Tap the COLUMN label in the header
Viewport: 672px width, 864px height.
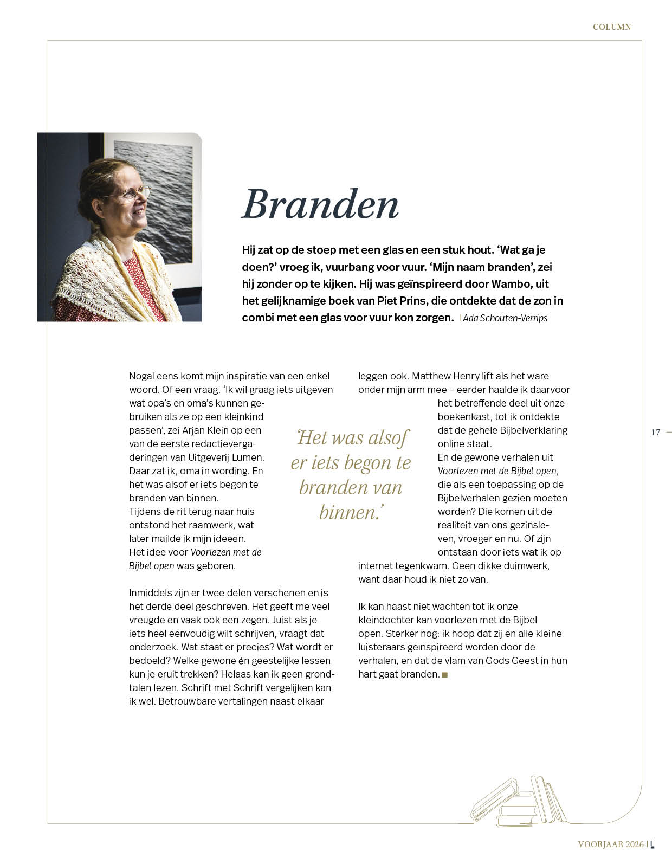[x=611, y=27]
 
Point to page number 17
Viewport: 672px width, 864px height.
[x=656, y=432]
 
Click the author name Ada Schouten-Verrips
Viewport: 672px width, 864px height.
[x=505, y=318]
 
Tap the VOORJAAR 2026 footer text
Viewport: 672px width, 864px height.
[x=611, y=844]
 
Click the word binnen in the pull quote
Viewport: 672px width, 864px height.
[x=347, y=512]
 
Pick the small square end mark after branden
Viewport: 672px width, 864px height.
[x=445, y=675]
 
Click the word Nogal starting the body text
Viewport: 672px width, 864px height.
[x=142, y=376]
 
